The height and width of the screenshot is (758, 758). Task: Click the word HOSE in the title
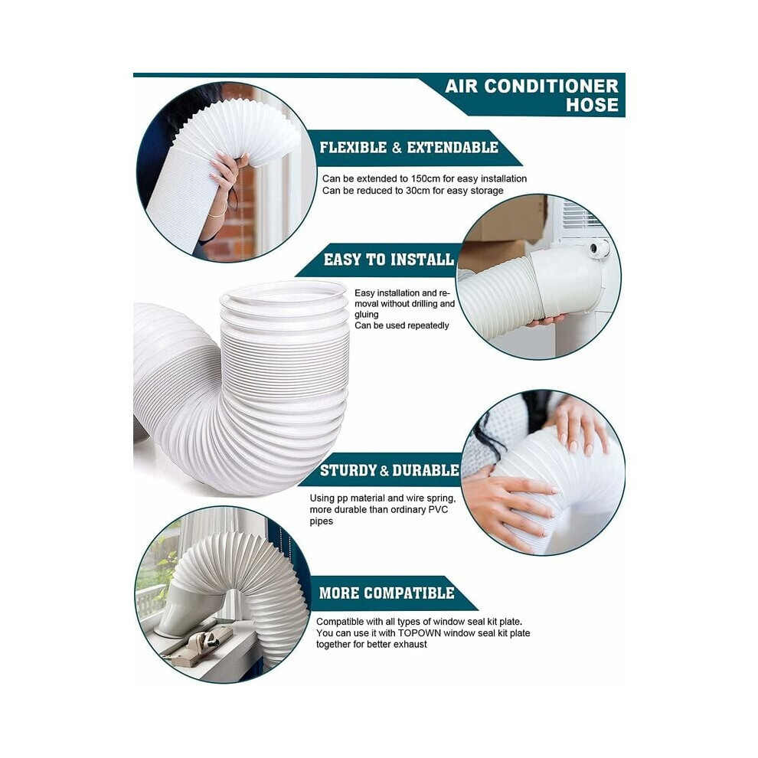(x=592, y=105)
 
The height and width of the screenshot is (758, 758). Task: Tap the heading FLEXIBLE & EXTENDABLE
(x=409, y=148)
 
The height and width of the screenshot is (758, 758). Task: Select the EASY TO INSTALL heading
(x=389, y=260)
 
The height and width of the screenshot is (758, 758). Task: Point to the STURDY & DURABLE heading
(x=389, y=470)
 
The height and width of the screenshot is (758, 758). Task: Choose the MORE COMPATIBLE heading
(x=387, y=593)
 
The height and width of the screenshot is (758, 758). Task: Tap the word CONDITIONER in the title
(x=551, y=86)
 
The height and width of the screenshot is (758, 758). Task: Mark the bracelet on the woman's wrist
(x=218, y=214)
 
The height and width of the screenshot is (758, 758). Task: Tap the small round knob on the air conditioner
(x=599, y=249)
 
